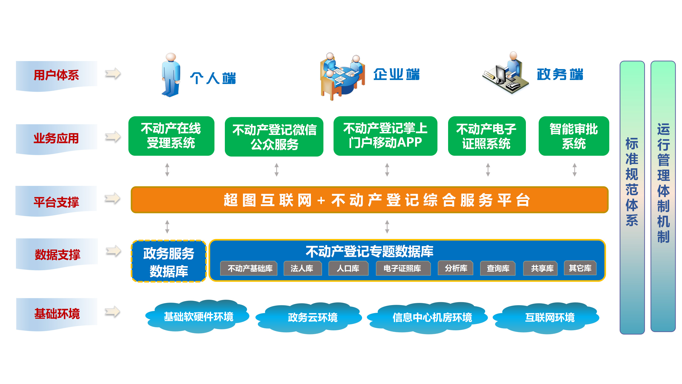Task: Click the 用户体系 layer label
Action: click(56, 75)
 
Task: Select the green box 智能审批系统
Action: click(574, 136)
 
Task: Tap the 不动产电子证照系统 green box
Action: click(487, 136)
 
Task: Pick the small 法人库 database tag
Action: click(302, 268)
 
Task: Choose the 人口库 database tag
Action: click(348, 268)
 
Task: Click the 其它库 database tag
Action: click(580, 268)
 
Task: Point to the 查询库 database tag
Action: click(498, 268)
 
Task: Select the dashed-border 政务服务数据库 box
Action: click(169, 261)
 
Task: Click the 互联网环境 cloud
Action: click(546, 318)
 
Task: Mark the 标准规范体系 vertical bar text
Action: click(632, 182)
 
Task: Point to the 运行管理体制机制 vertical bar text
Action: click(663, 183)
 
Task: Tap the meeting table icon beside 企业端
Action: click(342, 76)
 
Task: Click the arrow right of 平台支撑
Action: click(112, 198)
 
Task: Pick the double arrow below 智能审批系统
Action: click(575, 170)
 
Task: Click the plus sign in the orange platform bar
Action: click(321, 200)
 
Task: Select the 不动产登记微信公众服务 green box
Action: click(274, 137)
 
